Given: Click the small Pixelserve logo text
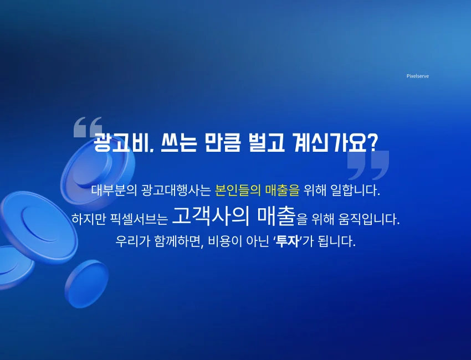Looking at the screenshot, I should [x=417, y=76].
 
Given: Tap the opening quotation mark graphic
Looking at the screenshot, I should [x=88, y=127].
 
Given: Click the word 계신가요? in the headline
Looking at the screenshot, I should [x=334, y=143].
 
